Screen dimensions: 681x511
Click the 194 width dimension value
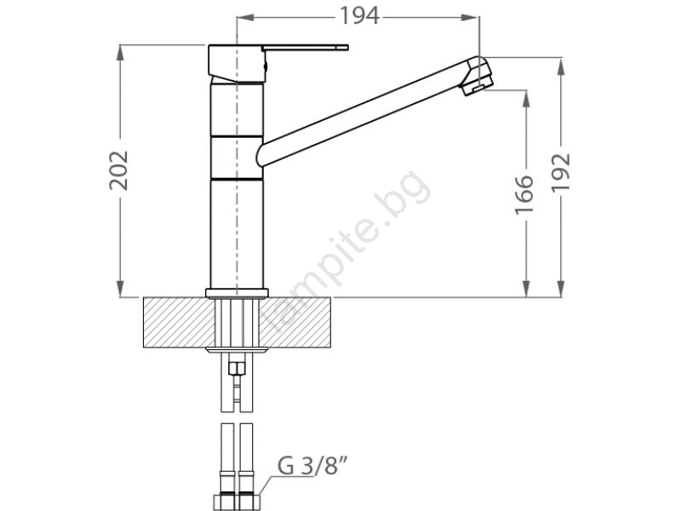point(358,16)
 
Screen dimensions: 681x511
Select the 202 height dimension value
point(118,170)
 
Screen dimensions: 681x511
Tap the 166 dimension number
point(524,195)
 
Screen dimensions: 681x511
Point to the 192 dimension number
point(561,172)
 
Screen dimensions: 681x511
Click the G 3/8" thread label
point(312,466)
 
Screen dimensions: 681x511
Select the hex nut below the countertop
point(237,369)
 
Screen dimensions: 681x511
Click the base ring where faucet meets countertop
point(237,293)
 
